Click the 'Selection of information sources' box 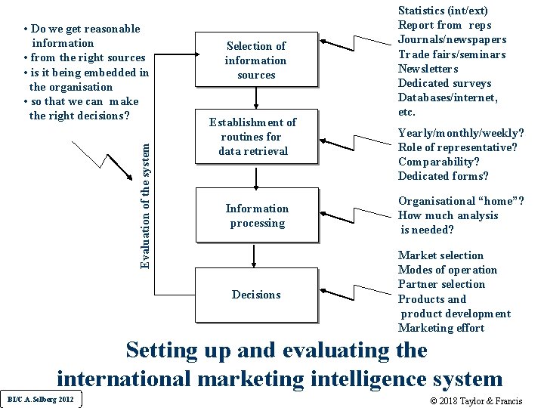[255, 60]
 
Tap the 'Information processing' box [257, 215]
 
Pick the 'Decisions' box [256, 295]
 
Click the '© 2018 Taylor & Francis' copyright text [475, 400]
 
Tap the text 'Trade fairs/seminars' [451, 54]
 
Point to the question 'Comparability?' [439, 162]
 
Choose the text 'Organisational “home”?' [461, 201]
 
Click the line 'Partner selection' [441, 284]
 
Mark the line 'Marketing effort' [441, 328]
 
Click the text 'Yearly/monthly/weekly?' [461, 133]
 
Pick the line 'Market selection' [440, 255]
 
